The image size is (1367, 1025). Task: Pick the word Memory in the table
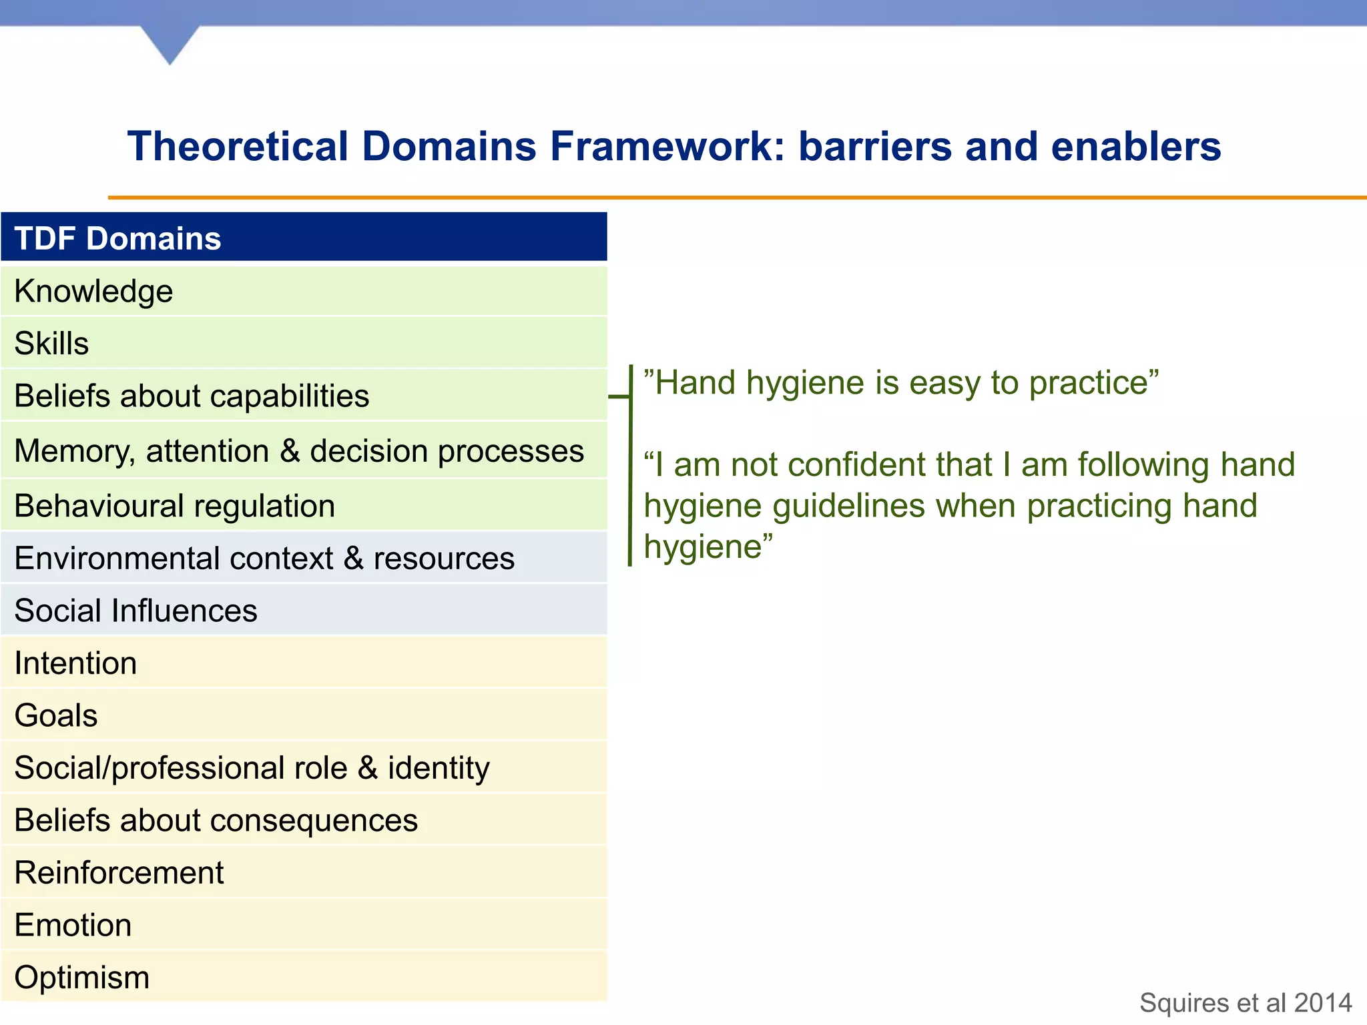tap(73, 451)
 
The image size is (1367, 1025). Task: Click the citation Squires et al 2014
tap(1246, 1003)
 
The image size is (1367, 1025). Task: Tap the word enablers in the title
tap(1135, 146)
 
